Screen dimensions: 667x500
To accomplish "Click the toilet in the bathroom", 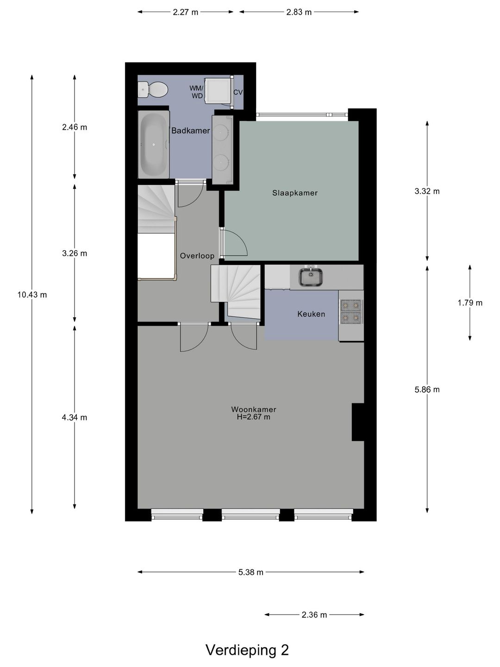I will coord(152,89).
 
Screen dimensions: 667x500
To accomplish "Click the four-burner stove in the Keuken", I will coord(350,312).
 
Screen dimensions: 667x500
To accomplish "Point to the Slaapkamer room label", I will coord(295,193).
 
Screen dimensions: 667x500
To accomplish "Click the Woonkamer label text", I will coord(254,409).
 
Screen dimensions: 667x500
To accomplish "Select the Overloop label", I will coord(197,256).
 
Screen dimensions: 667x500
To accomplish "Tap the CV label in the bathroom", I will coord(238,92).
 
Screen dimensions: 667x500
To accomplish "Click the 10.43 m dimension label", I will coord(32,295).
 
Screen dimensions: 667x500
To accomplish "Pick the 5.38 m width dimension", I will coord(250,572).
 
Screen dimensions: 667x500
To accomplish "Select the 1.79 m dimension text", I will coord(469,303).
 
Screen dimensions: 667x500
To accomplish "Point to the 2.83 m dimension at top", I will coord(299,12).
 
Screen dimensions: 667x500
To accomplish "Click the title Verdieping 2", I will coord(247,650).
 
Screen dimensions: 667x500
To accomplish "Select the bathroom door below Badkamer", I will coord(190,194).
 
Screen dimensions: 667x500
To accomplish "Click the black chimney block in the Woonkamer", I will coord(358,422).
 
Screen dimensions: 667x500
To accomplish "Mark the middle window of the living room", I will coord(250,514).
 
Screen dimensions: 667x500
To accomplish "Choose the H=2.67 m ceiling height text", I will coord(254,417).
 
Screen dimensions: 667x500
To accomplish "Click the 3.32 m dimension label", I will coord(427,191).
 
